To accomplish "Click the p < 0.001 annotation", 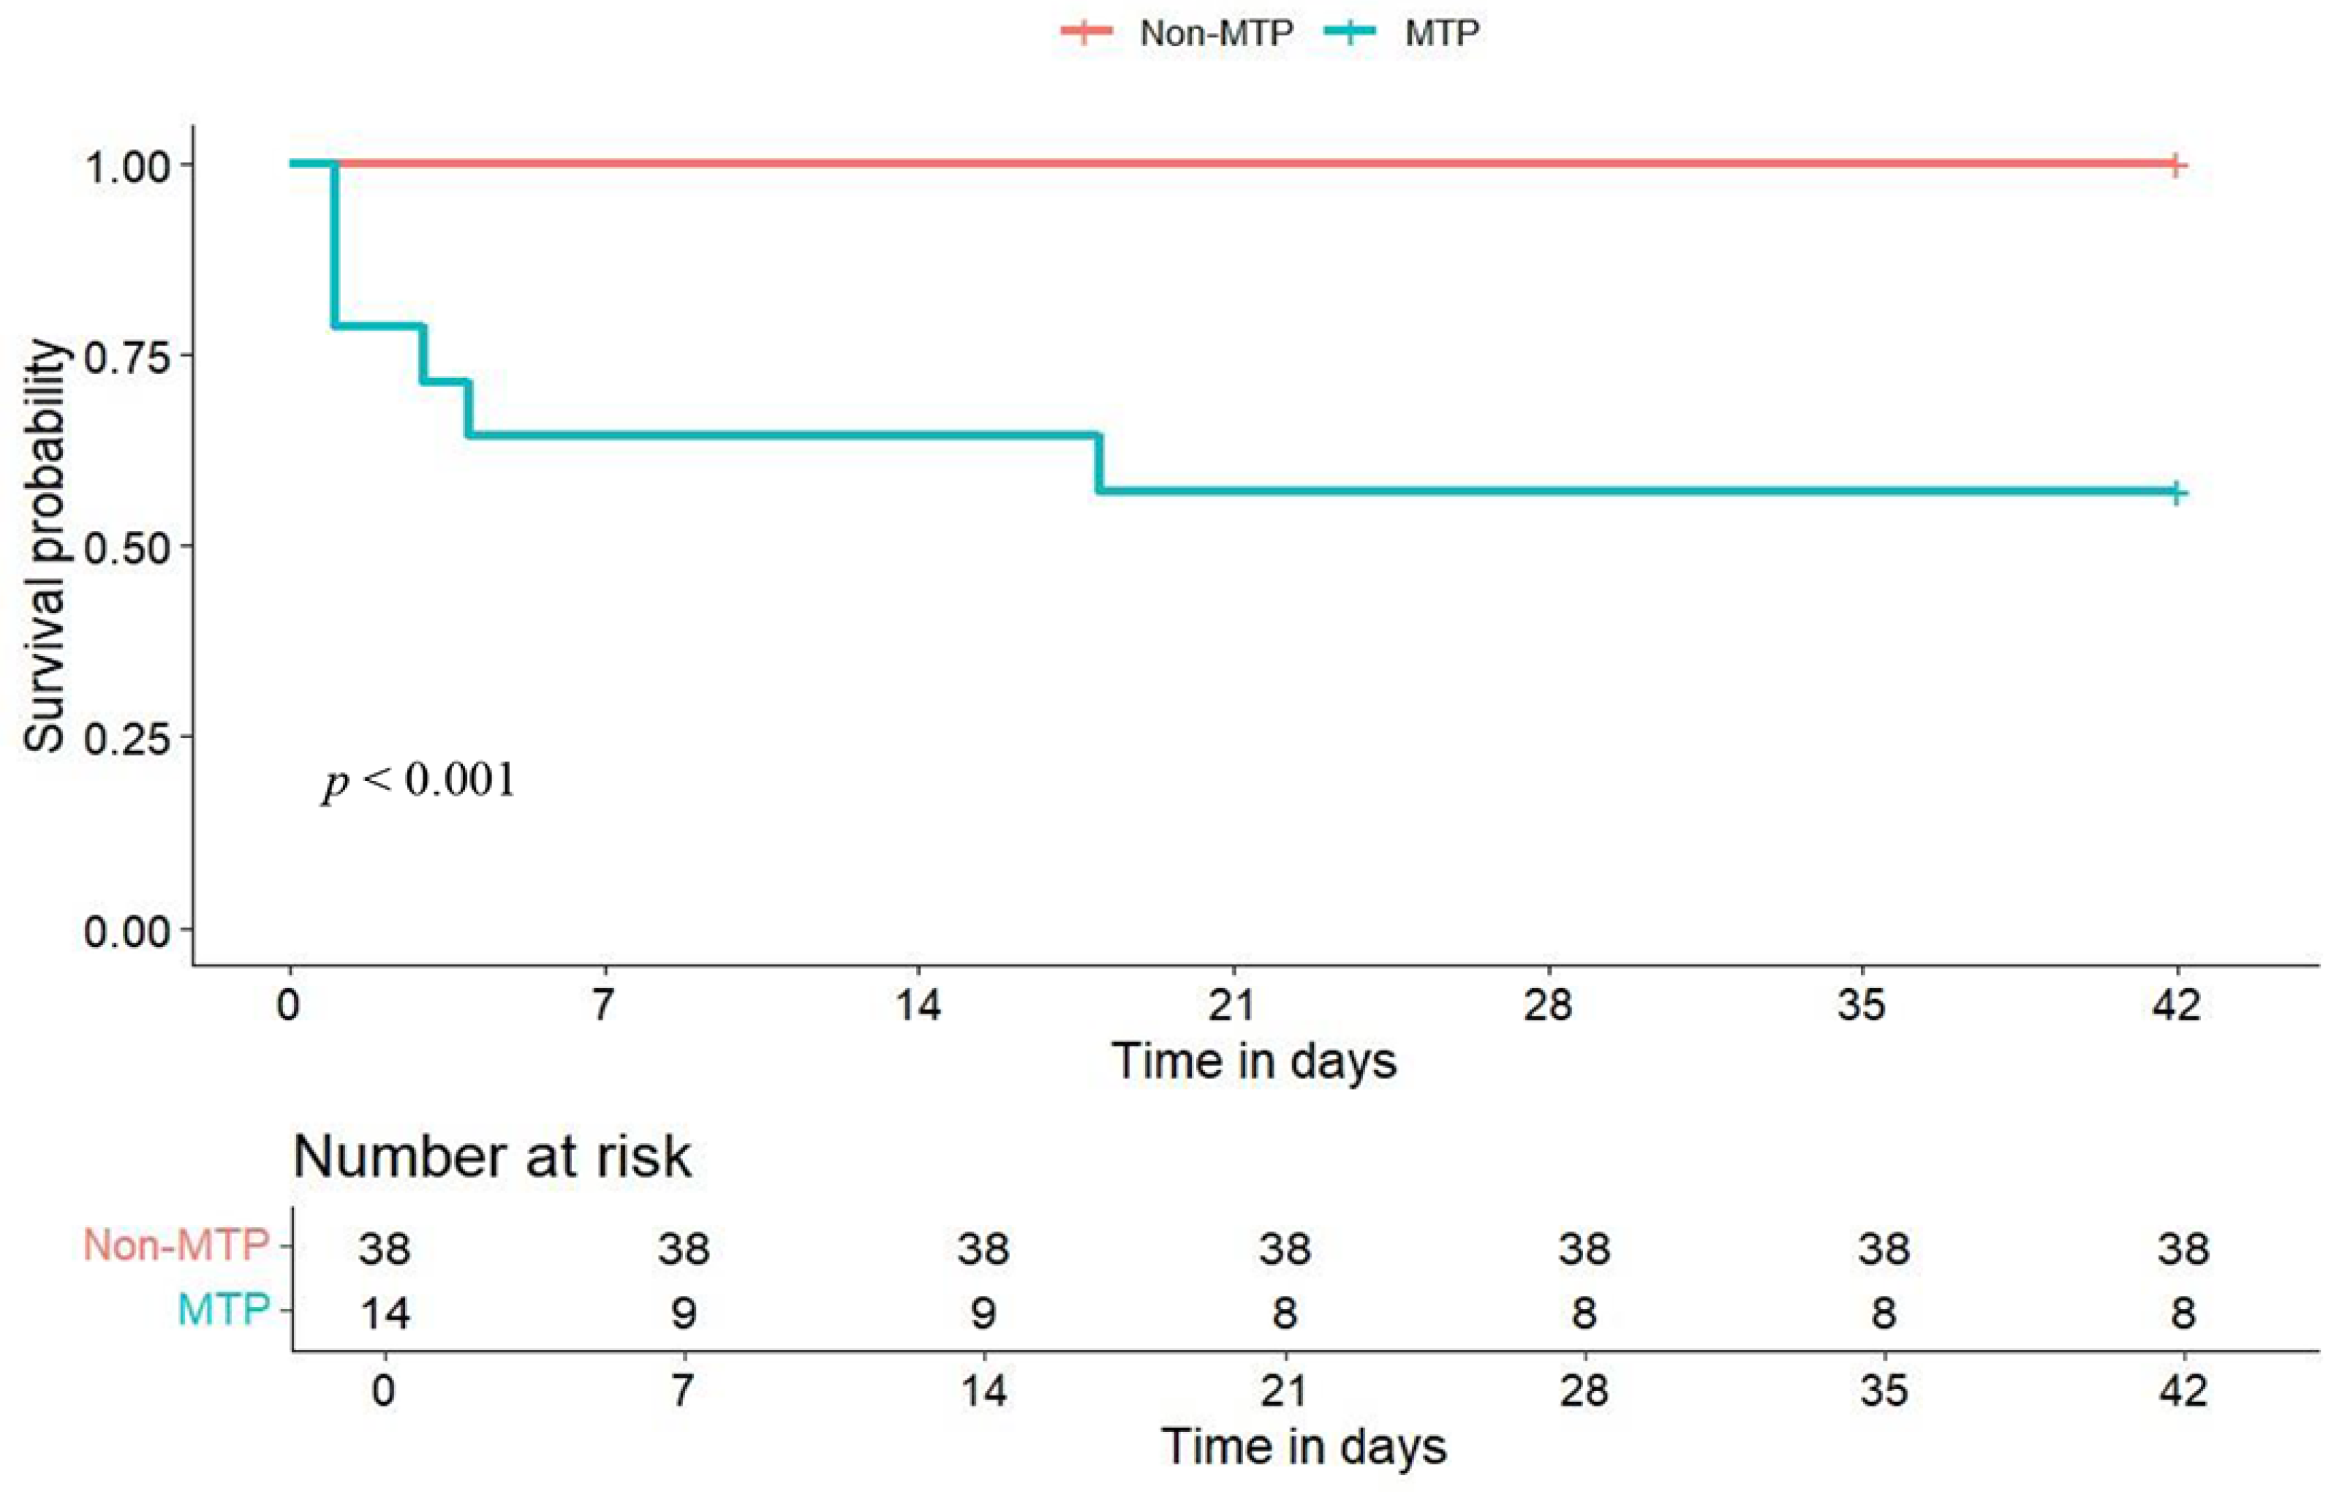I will [418, 781].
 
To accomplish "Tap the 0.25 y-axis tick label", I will [126, 740].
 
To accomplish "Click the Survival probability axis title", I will [45, 546].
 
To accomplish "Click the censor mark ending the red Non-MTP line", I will [2176, 165].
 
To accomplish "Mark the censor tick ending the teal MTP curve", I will [2176, 493].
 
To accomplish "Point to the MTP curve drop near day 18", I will [1099, 463].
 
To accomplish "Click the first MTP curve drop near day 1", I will [335, 243].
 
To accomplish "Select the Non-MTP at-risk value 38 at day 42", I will [2183, 1248].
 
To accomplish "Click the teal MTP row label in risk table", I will [224, 1310].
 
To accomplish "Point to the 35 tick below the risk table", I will [1883, 1391].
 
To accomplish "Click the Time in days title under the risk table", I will [1303, 1446].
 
